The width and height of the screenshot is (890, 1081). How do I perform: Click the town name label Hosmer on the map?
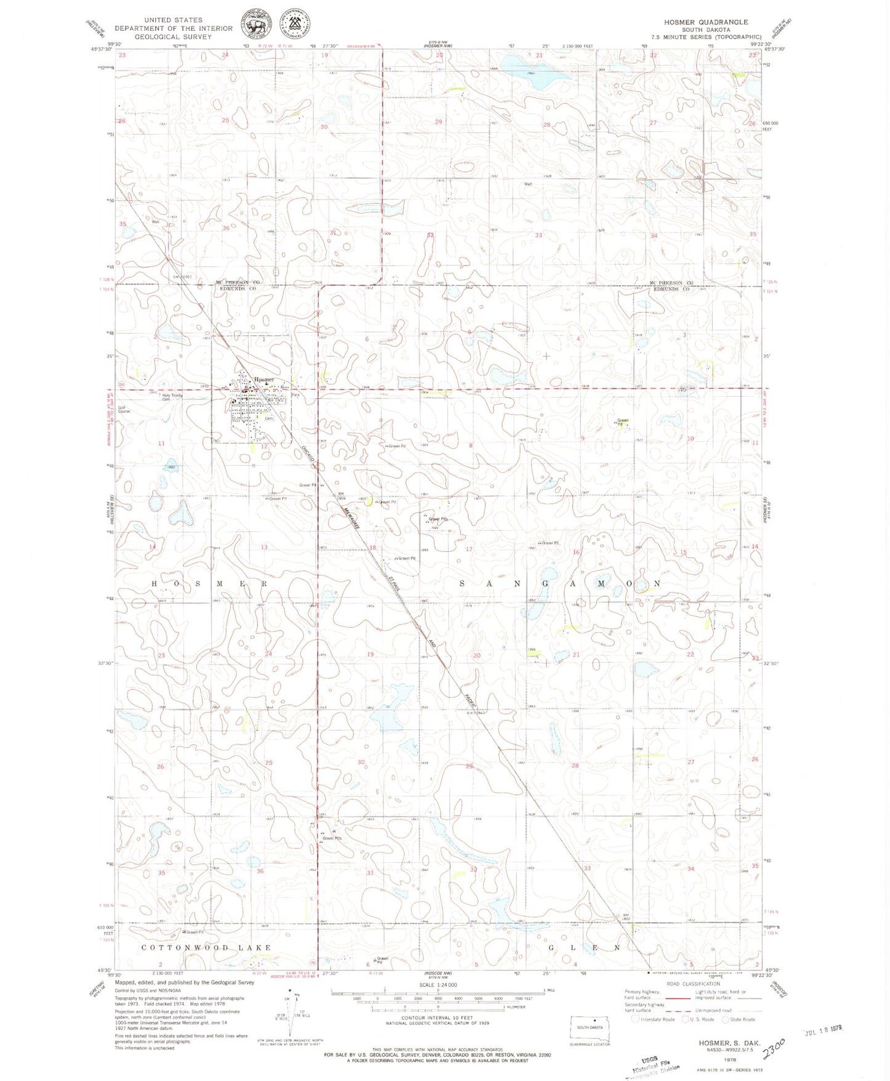(x=263, y=379)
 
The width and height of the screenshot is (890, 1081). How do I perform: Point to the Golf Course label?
(x=124, y=409)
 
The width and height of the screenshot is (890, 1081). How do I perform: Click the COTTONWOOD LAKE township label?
(x=206, y=947)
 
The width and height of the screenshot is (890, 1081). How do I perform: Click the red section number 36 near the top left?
(x=226, y=228)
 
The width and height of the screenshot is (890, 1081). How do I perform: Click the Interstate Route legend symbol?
(x=636, y=1019)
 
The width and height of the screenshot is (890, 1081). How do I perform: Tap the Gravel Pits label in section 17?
(x=437, y=519)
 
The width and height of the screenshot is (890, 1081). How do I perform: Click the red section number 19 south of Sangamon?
(x=370, y=654)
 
